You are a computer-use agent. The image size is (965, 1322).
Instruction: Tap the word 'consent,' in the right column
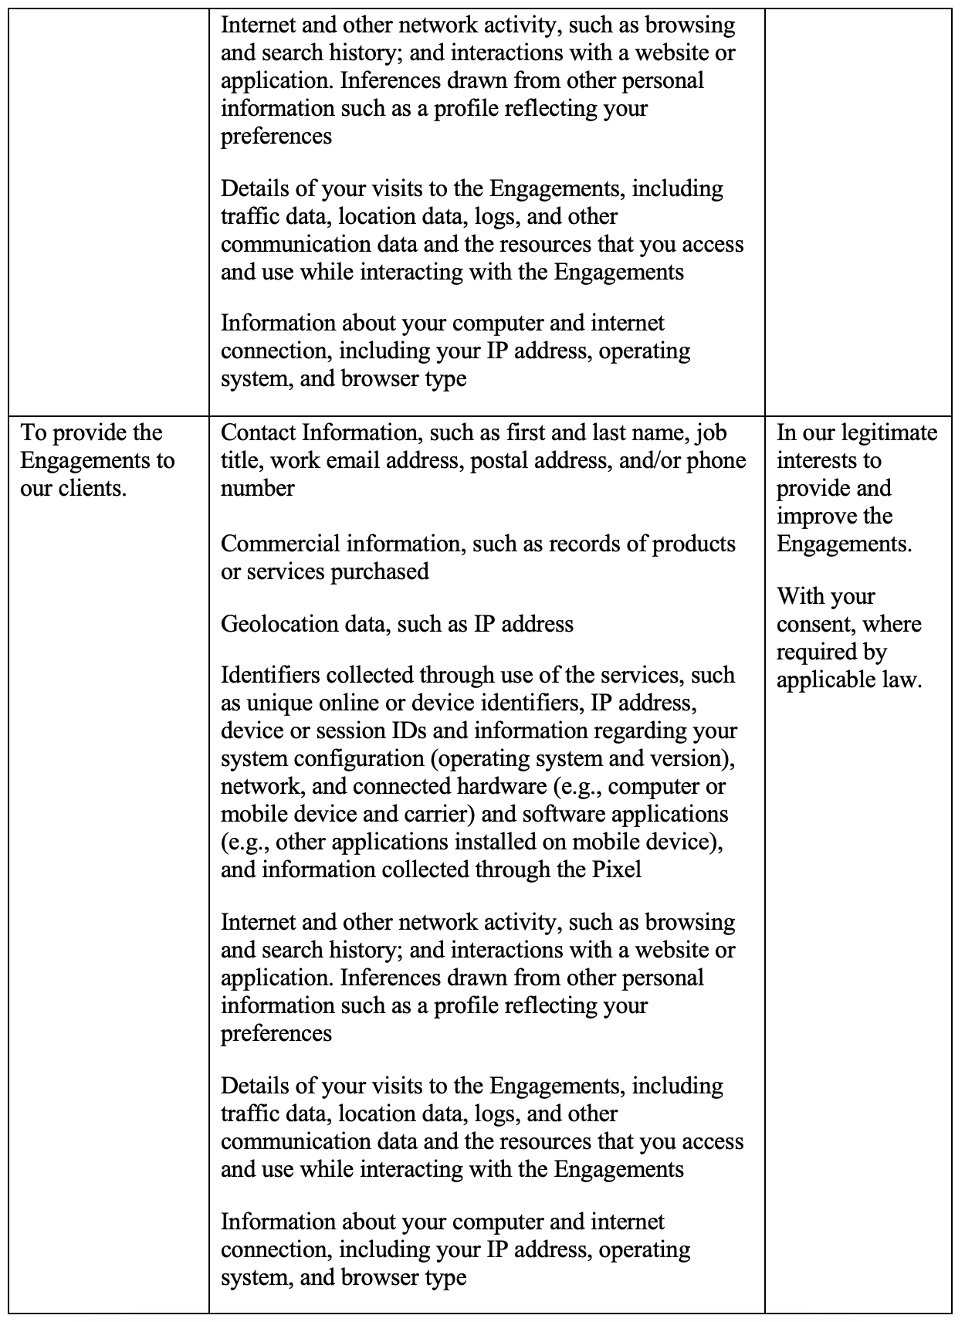pyautogui.click(x=815, y=624)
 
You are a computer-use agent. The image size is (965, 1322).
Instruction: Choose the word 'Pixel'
pyautogui.click(x=617, y=869)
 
